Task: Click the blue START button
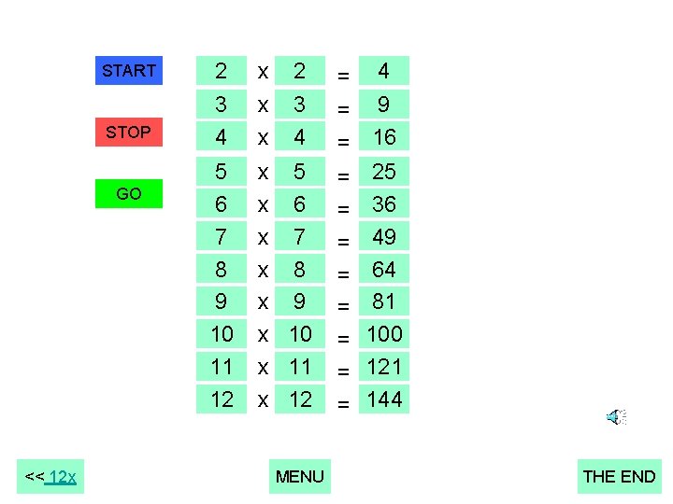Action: [129, 71]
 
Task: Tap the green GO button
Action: [129, 194]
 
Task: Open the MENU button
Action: [300, 477]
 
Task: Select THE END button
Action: [619, 477]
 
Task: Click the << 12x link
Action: [51, 478]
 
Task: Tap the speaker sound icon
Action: [616, 417]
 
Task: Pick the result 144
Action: [384, 399]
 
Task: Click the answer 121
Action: [384, 367]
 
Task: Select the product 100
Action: [384, 334]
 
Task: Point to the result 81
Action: [384, 301]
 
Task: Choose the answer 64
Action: [384, 270]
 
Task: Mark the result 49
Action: [384, 237]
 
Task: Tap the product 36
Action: [384, 204]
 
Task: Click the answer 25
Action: [384, 172]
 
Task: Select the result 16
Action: [384, 137]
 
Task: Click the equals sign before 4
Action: [344, 75]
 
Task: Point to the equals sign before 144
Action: [344, 404]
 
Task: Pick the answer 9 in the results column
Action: [384, 104]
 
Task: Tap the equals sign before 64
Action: [344, 273]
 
